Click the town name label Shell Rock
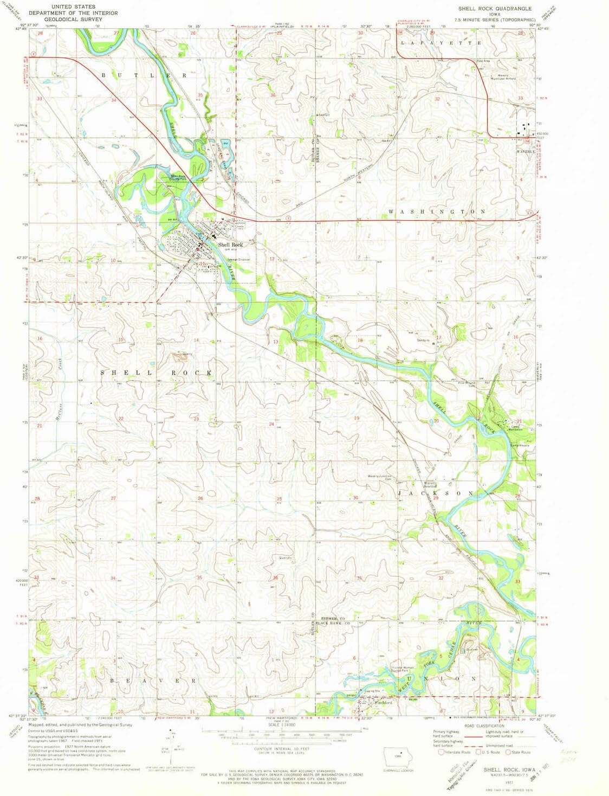pyautogui.click(x=230, y=245)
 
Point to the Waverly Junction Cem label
pyautogui.click(x=380, y=478)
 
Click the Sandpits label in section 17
pyautogui.click(x=424, y=341)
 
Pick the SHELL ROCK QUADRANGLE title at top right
pyautogui.click(x=487, y=9)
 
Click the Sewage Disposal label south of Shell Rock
pyautogui.click(x=239, y=259)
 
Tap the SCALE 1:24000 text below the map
pyautogui.click(x=281, y=725)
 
